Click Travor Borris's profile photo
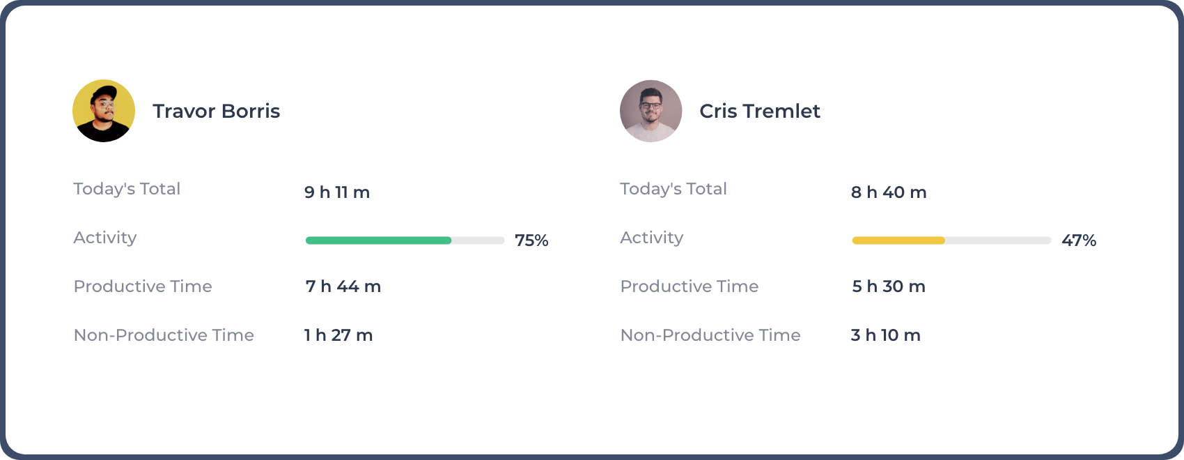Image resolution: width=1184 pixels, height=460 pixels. (x=104, y=111)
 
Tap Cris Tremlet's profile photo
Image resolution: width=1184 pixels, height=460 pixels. (x=651, y=111)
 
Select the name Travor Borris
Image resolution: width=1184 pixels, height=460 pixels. (x=216, y=112)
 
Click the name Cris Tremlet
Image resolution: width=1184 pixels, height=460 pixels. (x=760, y=112)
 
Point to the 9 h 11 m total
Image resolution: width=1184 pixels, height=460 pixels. (x=337, y=192)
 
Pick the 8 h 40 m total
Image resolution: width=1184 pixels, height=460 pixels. (x=889, y=192)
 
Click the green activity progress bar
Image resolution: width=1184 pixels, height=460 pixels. (x=378, y=240)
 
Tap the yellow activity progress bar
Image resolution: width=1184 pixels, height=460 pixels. (x=898, y=240)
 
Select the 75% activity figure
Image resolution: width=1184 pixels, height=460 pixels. (x=531, y=240)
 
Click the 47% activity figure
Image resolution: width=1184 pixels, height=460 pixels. (x=1079, y=240)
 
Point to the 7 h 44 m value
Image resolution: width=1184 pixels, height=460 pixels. (x=343, y=286)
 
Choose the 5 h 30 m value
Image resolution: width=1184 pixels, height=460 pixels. (x=889, y=286)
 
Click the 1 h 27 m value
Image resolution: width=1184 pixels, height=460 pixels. (x=338, y=335)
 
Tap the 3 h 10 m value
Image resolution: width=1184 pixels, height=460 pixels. (x=886, y=335)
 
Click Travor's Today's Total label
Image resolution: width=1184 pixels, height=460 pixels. (x=127, y=189)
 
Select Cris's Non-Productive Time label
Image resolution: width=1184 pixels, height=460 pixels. (x=710, y=335)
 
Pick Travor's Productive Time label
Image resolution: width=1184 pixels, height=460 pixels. (x=143, y=286)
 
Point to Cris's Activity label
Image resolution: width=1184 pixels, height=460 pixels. (x=652, y=238)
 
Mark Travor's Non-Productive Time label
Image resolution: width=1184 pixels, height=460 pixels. (x=164, y=335)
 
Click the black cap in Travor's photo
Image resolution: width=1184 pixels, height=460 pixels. (x=105, y=93)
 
